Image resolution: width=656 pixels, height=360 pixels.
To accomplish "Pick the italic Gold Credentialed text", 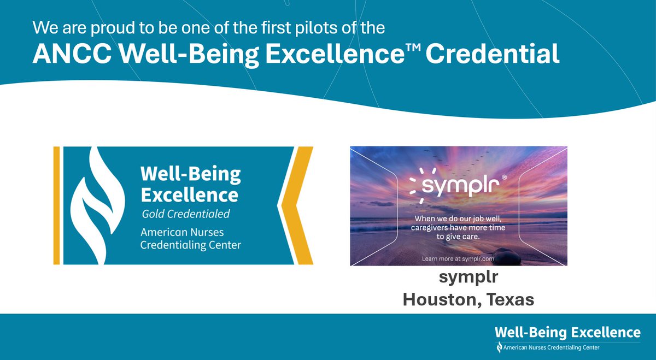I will pos(185,213).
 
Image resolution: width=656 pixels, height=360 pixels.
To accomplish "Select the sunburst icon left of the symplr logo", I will pos(417,184).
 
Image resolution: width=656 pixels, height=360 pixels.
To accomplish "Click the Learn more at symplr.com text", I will pos(458,258).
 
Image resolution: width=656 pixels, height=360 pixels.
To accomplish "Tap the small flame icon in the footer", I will pos(499,347).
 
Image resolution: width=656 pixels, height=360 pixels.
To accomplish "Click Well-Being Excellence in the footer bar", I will pos(567,332).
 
